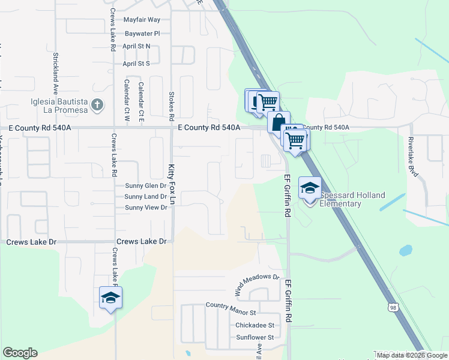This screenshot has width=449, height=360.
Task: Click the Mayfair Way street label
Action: coord(142,20)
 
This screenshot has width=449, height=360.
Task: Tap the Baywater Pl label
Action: coord(142,34)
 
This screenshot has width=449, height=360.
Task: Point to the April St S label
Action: coord(136,63)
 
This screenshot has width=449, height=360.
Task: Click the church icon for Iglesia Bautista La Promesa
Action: coord(97,106)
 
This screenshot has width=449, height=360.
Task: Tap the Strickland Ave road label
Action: coord(55,71)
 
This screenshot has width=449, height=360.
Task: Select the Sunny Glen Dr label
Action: coord(145,186)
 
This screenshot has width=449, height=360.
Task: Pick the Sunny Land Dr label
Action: coord(145,197)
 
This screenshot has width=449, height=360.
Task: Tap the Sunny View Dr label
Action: coord(145,208)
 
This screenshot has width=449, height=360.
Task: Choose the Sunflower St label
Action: coord(255,337)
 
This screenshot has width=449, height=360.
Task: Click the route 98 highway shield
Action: coord(393,307)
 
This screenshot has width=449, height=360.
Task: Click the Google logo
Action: coord(20,353)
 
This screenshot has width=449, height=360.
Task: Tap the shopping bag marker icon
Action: coord(279,122)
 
